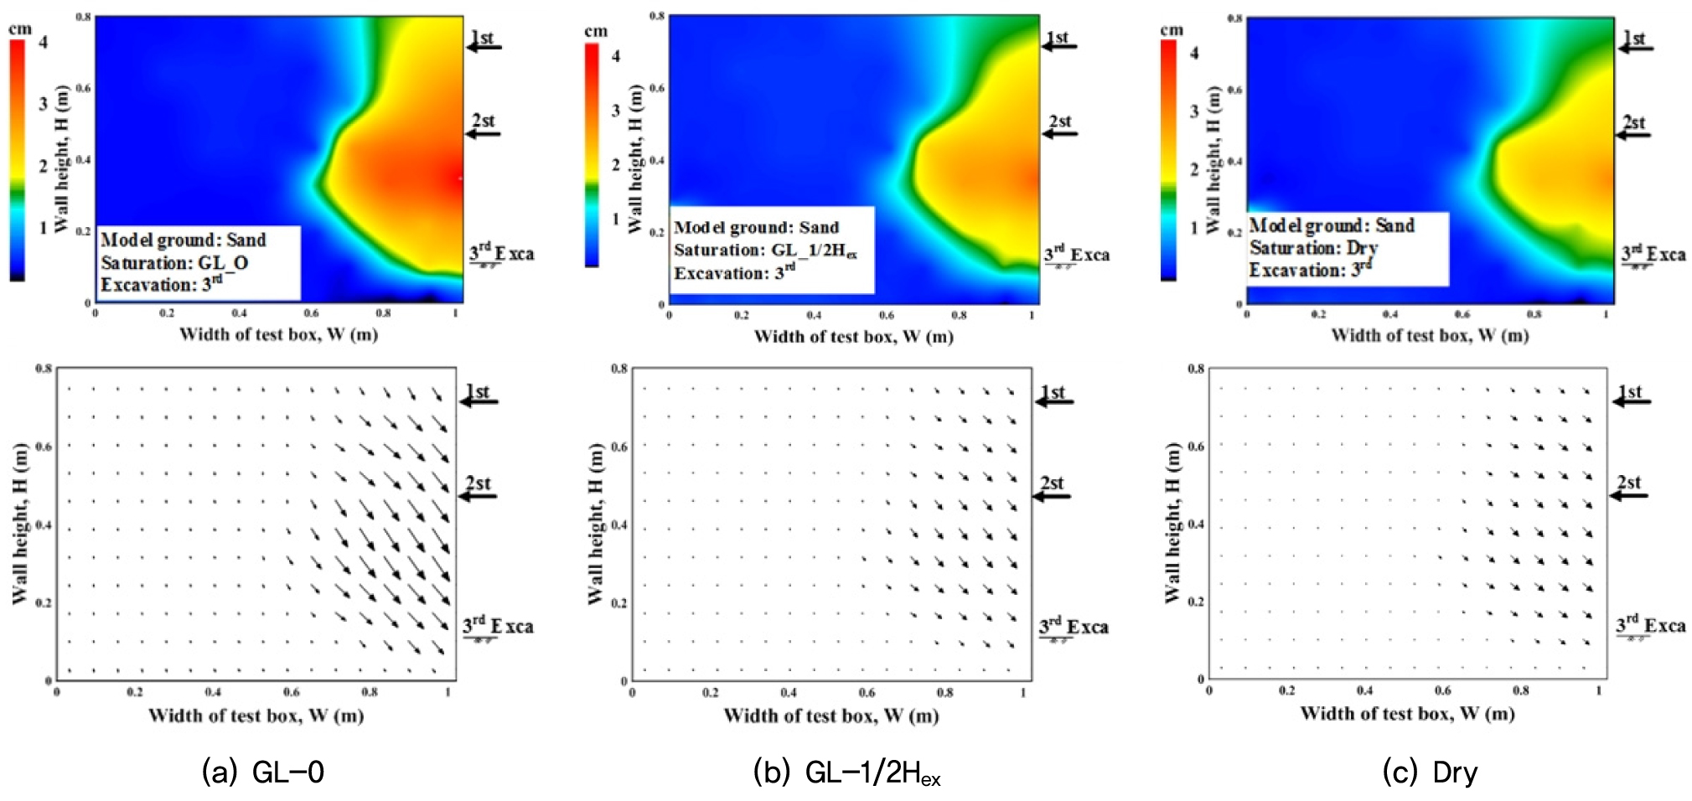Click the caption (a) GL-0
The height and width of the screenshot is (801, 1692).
coord(262,772)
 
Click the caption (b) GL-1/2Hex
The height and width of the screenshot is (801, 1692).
coord(846,773)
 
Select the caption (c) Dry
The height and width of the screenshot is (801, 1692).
coord(1430,772)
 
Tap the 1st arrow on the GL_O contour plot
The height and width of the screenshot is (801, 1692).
coord(484,47)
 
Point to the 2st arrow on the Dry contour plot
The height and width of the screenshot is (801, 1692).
coord(1632,134)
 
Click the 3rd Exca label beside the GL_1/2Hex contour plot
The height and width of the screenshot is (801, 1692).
coord(1077,255)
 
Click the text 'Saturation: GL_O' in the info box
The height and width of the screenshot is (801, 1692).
coord(174,263)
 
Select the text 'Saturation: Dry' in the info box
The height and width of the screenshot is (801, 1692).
coord(1313,248)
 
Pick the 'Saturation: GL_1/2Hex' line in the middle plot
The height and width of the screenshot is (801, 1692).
coord(765,251)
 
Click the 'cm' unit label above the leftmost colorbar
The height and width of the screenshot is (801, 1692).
coord(20,29)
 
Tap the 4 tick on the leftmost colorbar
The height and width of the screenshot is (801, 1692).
coord(43,41)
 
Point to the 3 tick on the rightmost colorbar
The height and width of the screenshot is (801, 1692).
coord(1194,111)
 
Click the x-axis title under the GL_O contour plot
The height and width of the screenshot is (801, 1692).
coord(278,334)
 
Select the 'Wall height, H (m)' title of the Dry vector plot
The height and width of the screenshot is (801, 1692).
coord(1172,524)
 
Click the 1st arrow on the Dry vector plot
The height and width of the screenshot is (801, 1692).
coord(1632,401)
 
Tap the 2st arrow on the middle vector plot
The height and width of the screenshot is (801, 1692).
coord(1052,495)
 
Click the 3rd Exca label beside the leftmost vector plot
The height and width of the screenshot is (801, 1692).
coord(499,627)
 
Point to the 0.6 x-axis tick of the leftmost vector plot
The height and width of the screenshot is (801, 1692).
coord(291,693)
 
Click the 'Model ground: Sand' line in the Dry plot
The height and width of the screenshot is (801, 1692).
coord(1332,225)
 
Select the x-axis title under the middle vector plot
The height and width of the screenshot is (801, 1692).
coord(831,716)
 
